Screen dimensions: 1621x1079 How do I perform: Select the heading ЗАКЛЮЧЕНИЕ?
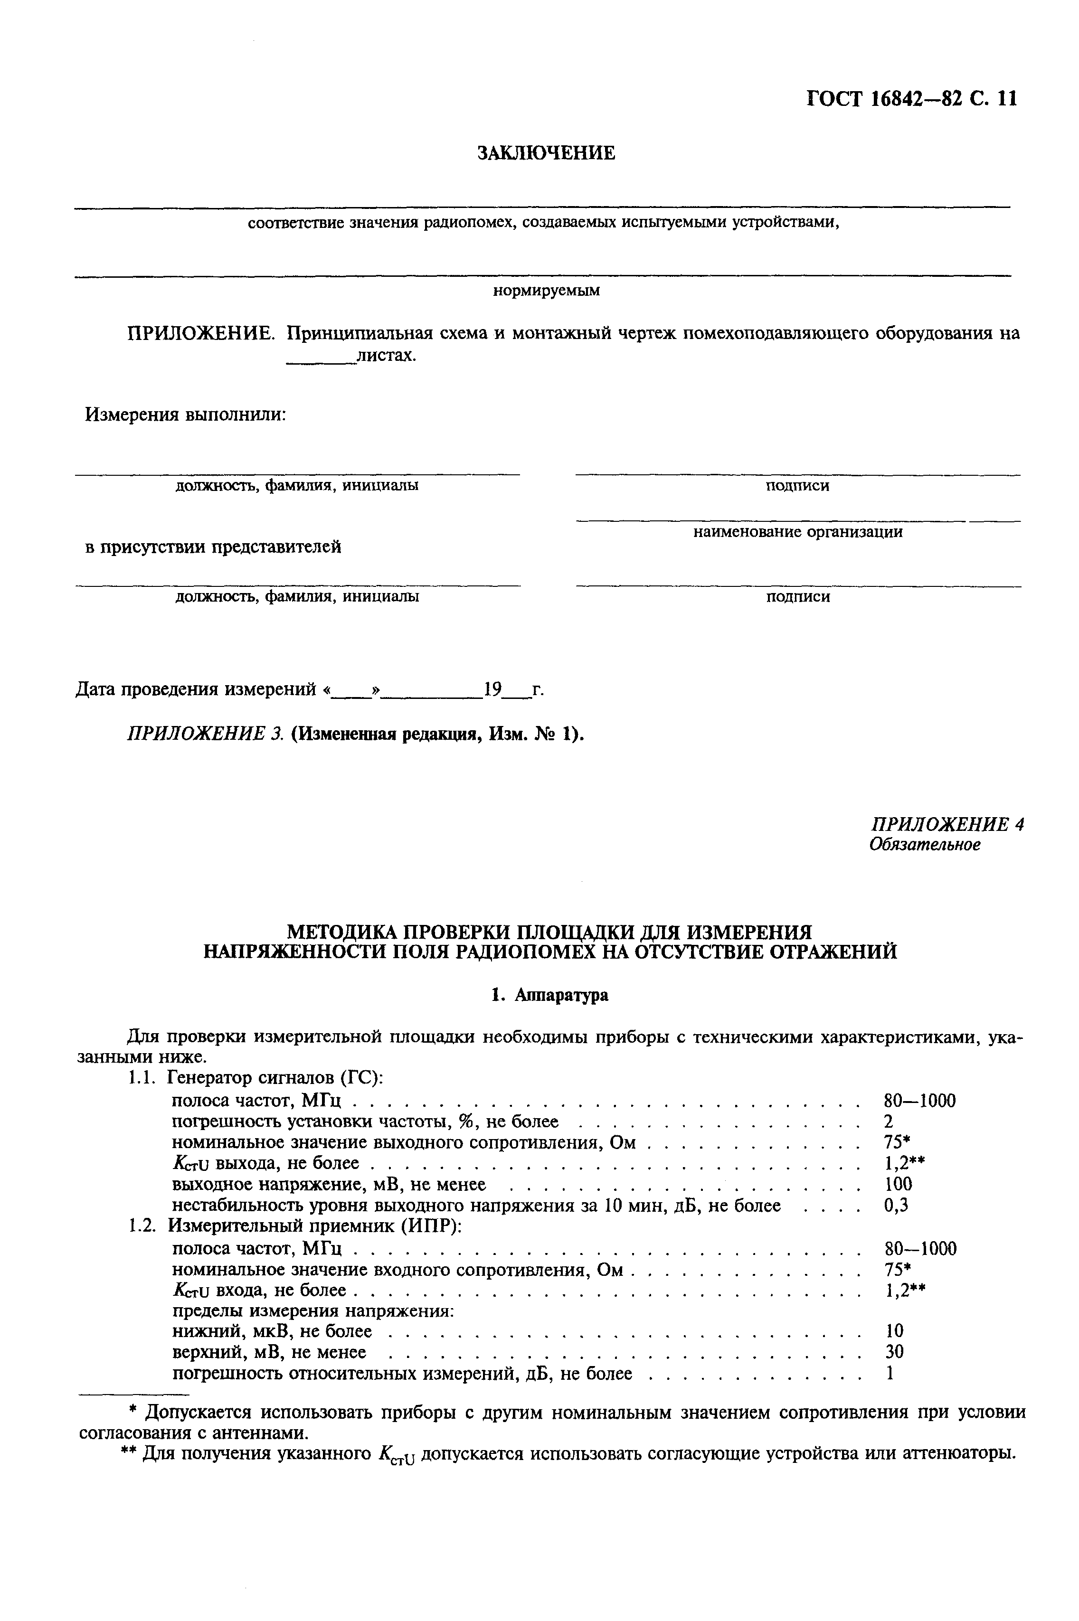coord(546,153)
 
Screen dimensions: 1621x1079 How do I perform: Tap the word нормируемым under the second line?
coord(546,291)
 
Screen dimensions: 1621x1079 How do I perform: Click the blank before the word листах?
coord(320,357)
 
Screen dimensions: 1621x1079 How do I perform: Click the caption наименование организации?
coord(797,532)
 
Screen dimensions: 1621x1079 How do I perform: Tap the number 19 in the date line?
coord(492,689)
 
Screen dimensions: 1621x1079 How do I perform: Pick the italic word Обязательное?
coord(924,844)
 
